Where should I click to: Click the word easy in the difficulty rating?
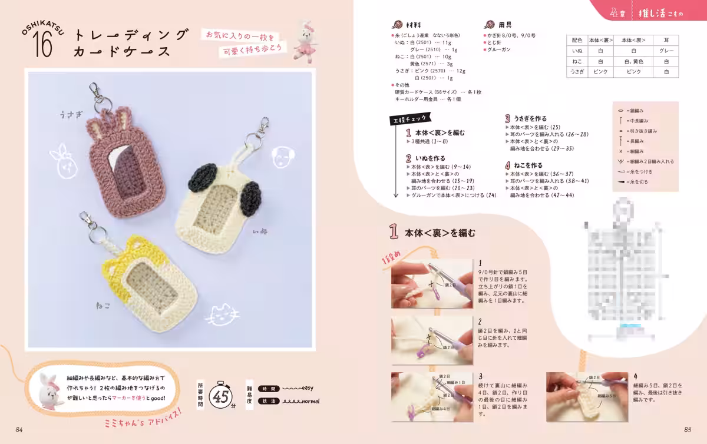click(x=309, y=389)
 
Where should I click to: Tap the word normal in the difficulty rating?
click(x=310, y=401)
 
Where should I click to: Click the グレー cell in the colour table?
click(x=666, y=51)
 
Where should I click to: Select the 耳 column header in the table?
click(x=666, y=40)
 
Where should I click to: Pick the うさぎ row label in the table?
click(x=576, y=71)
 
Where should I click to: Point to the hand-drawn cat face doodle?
click(x=222, y=315)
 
